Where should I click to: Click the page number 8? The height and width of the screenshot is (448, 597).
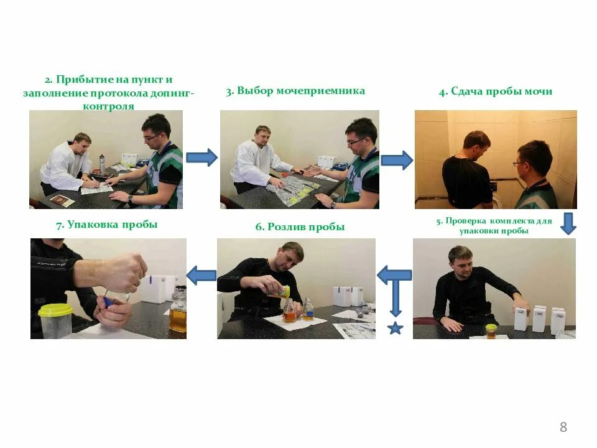pos(563,427)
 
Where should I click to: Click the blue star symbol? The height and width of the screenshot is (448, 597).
pos(396,328)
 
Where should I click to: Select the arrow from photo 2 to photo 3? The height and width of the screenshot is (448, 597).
pos(201,157)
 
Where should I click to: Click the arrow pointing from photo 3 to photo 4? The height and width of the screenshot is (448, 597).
pos(397,161)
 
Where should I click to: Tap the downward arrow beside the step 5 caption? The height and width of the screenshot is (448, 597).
pos(568,223)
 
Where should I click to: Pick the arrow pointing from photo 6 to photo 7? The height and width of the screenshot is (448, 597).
pos(201,276)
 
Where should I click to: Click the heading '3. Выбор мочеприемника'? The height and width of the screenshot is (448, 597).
pos(295,91)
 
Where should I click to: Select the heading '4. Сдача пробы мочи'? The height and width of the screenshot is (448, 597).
pos(496,92)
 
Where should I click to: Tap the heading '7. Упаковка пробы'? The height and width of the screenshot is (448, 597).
pos(107,225)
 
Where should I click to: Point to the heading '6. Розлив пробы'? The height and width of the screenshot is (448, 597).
pos(300,227)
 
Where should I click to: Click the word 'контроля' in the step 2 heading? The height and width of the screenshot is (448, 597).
pos(108,106)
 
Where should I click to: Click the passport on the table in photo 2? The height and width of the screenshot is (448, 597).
pos(62,200)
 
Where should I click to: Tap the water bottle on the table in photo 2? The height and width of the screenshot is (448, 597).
pos(102,164)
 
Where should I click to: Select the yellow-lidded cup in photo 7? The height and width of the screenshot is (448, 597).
pos(56,321)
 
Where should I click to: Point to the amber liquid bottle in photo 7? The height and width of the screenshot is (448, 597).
pos(178,309)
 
